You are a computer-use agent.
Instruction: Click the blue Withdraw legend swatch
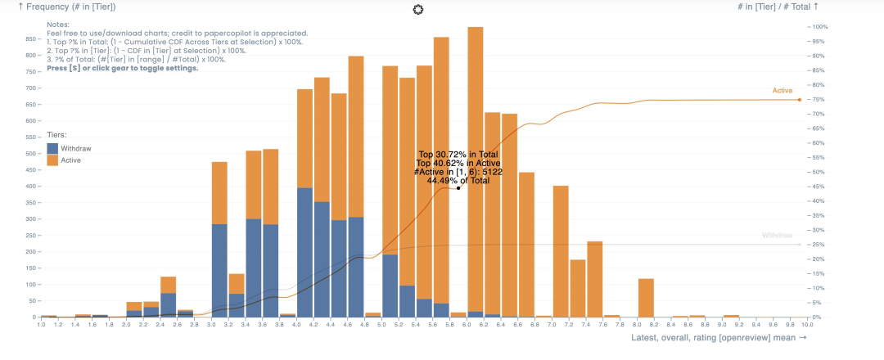(x=52, y=149)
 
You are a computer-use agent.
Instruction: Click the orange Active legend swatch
(x=52, y=160)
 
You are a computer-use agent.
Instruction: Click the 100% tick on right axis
(x=819, y=27)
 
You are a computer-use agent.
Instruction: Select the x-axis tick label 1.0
(x=41, y=325)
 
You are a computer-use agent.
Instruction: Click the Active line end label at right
(x=783, y=90)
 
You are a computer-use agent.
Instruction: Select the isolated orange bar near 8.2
(x=646, y=298)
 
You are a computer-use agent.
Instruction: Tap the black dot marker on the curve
(x=458, y=188)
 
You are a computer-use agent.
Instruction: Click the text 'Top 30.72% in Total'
(x=458, y=154)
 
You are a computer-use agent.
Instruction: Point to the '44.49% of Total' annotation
(x=458, y=181)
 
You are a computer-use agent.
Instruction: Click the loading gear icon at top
(x=419, y=9)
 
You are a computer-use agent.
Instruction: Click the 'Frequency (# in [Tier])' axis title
(x=66, y=7)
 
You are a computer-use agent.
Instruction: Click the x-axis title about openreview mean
(x=719, y=337)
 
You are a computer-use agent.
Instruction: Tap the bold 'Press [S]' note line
(x=122, y=68)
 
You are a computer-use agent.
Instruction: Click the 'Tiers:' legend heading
(x=56, y=135)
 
